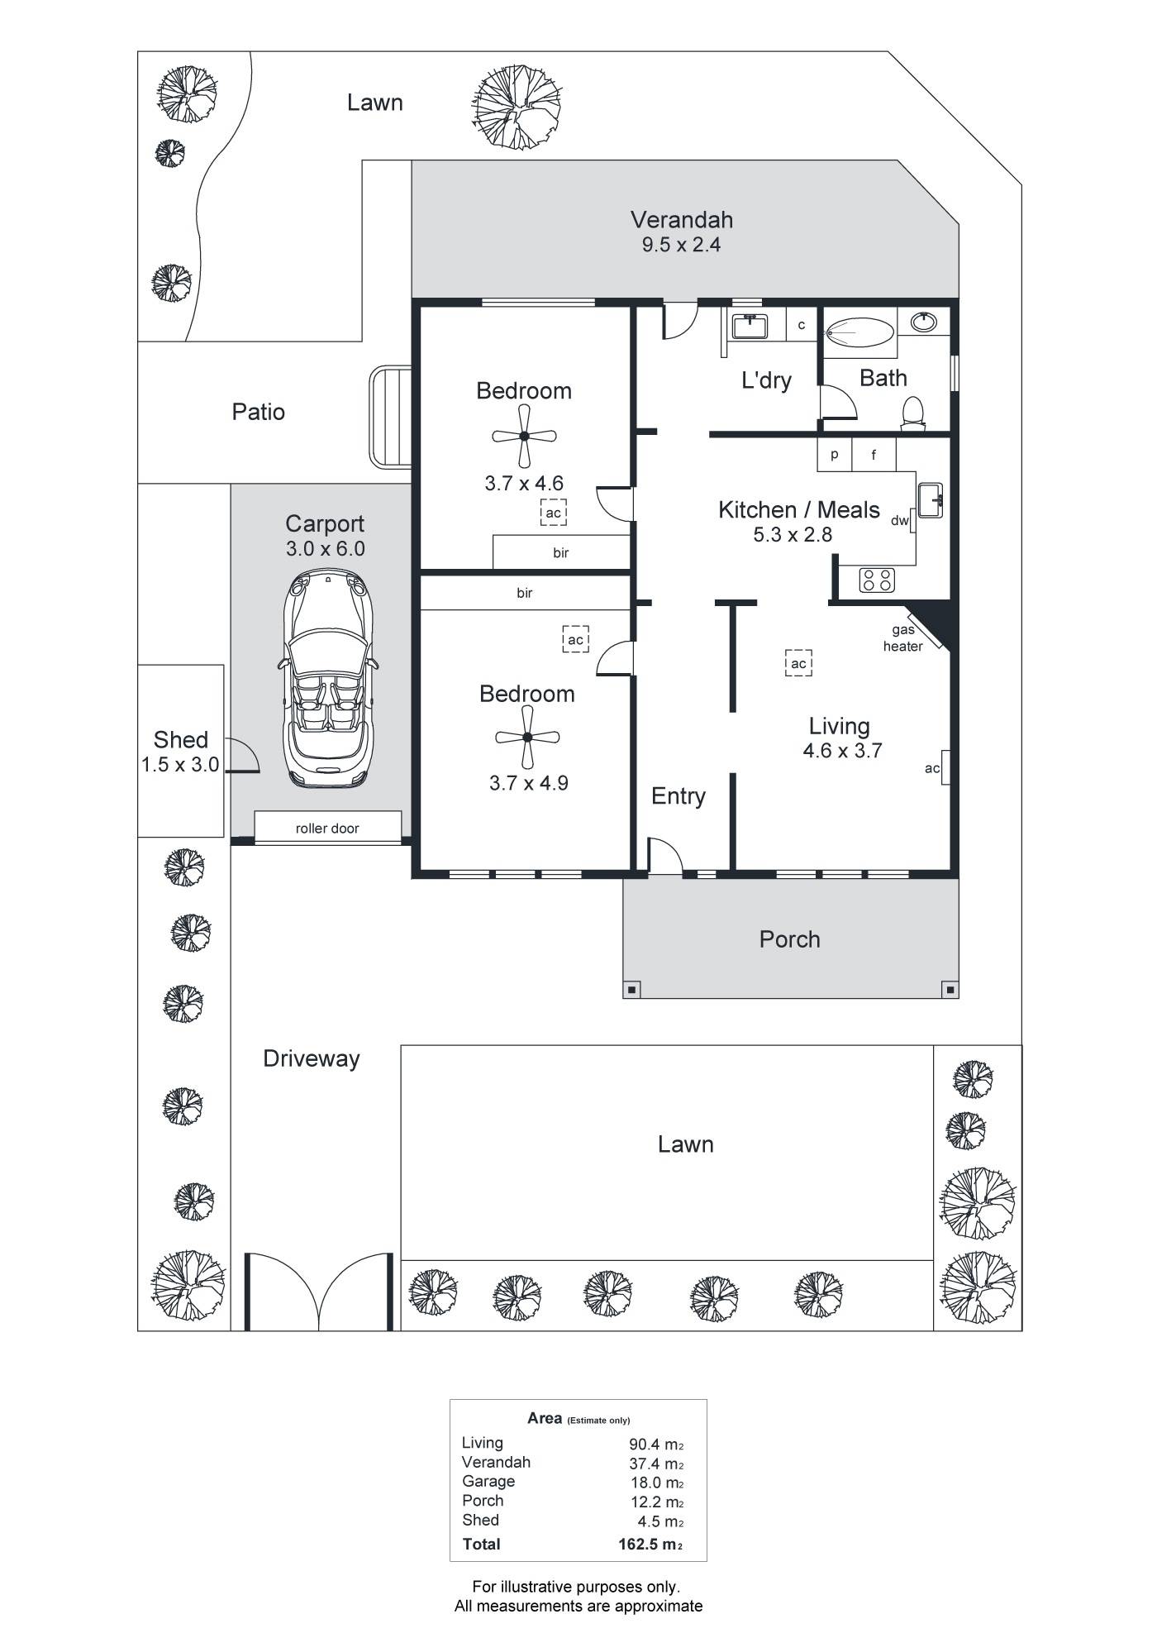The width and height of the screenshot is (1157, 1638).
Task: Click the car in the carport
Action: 329,677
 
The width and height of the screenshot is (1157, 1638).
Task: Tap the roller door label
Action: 327,829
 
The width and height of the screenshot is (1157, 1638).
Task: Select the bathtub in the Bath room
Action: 859,335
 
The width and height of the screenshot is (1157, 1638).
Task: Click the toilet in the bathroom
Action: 912,413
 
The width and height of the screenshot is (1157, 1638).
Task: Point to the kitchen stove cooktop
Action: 876,580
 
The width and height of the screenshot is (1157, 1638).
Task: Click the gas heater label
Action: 902,638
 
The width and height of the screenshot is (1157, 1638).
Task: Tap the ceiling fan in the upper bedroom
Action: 523,436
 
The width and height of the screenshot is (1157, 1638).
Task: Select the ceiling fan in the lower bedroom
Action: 527,738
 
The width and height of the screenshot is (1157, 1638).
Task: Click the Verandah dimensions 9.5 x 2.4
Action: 682,245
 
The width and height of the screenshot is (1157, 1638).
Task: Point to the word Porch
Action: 789,939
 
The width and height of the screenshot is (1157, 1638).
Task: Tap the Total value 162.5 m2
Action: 651,1544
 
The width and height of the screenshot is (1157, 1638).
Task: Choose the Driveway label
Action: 312,1059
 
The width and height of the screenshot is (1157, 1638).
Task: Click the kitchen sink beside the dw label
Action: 930,500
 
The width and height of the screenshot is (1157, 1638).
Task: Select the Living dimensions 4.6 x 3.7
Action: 842,751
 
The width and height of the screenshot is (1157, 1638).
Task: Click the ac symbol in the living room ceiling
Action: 798,663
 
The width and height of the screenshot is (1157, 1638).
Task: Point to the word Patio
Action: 259,412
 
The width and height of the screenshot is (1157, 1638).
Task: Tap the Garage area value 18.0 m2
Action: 657,1483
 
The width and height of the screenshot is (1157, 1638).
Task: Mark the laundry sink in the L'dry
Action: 749,326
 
